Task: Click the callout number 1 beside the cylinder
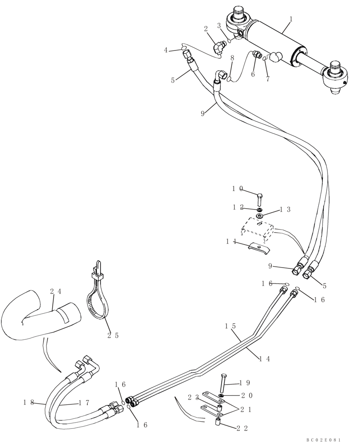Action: click(291, 19)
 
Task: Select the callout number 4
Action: click(166, 50)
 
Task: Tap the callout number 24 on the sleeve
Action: click(55, 291)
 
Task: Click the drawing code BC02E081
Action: click(323, 439)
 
